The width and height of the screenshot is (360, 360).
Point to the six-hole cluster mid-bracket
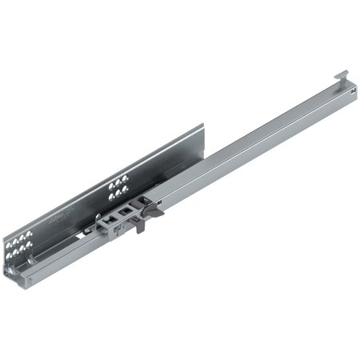click(118, 188)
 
